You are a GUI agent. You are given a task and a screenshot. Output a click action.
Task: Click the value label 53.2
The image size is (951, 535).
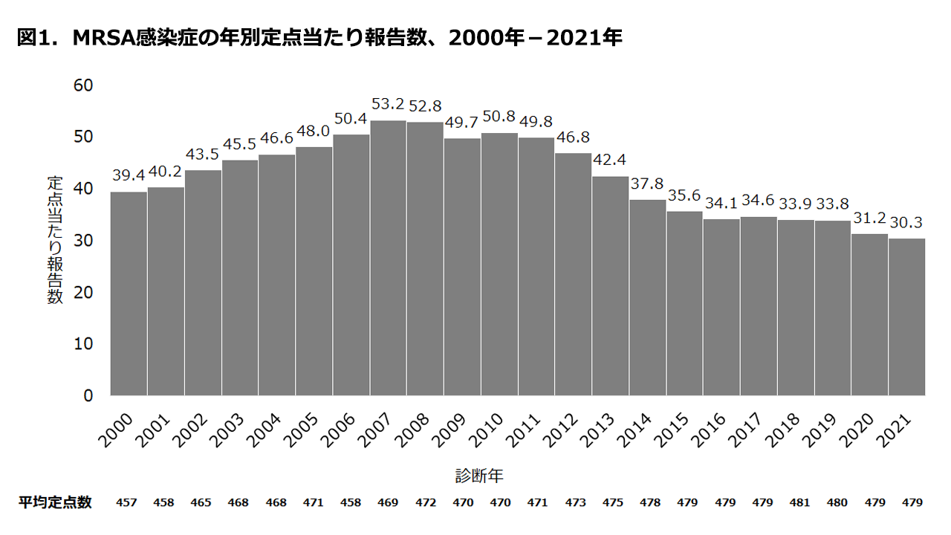click(388, 104)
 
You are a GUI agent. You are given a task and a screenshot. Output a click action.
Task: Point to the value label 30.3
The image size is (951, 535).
click(906, 222)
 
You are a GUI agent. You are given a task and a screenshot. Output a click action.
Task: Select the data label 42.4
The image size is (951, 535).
click(610, 160)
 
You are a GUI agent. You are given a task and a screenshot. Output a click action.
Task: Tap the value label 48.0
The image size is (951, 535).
click(314, 131)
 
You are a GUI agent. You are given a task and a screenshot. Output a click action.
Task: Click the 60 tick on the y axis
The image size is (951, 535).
click(83, 85)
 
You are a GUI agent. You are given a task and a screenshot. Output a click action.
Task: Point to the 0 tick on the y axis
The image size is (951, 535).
click(88, 396)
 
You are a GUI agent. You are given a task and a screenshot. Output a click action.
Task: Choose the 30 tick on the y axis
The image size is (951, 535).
click(83, 241)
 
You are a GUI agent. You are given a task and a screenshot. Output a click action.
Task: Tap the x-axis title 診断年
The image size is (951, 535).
click(480, 476)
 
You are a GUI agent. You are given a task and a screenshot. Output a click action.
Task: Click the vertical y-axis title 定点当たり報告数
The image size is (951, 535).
click(56, 240)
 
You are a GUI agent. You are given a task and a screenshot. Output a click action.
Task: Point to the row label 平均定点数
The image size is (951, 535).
click(55, 502)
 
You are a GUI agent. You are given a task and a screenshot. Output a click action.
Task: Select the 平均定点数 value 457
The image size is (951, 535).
click(127, 503)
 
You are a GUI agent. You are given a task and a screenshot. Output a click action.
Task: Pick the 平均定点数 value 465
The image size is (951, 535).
click(201, 503)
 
